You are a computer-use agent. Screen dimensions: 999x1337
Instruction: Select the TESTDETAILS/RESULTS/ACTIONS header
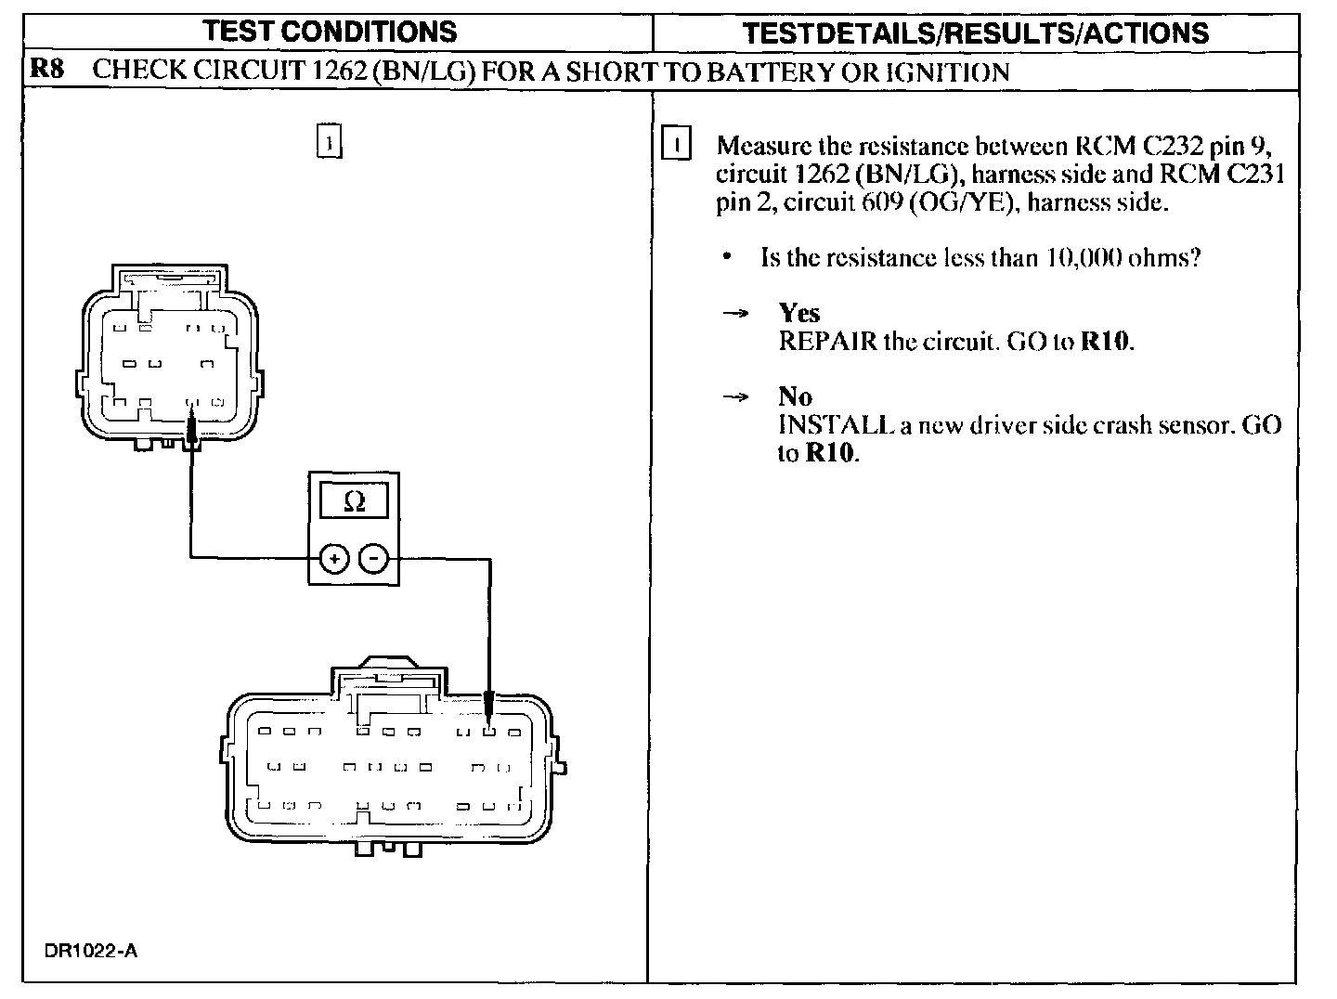976,33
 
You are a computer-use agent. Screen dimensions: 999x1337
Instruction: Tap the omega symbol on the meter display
354,501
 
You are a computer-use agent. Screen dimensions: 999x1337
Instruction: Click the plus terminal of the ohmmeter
333,558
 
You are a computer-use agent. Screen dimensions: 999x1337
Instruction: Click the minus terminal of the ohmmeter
373,558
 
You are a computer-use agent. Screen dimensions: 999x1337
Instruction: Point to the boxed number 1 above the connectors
330,140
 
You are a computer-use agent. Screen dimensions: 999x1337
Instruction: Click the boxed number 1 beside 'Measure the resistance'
677,146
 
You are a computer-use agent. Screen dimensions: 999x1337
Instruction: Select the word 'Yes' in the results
799,313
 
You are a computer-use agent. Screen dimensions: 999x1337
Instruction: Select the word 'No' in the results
795,396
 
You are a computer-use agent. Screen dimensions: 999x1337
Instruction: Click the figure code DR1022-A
90,951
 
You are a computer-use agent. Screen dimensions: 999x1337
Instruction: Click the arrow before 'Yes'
735,314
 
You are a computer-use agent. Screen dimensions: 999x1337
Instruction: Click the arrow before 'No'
735,397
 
